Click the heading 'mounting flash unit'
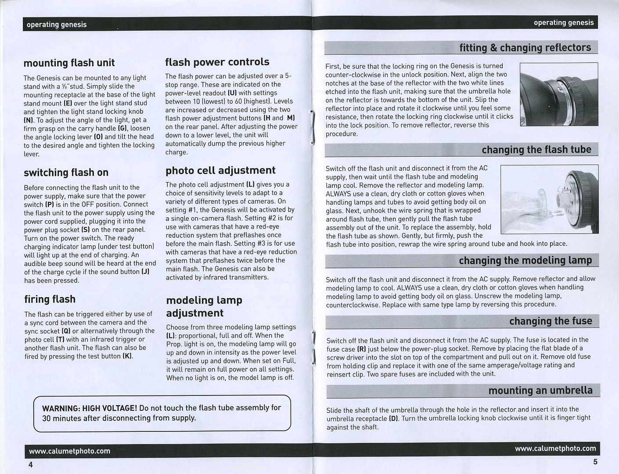(x=69, y=63)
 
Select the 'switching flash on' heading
(x=66, y=172)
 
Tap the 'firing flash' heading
(x=50, y=299)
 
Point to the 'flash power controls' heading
(x=217, y=62)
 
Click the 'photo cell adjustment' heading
(x=220, y=170)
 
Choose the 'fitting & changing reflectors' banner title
(x=525, y=47)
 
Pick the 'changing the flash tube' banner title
(x=536, y=150)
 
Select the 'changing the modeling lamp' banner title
(x=525, y=261)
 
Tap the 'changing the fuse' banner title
(x=551, y=321)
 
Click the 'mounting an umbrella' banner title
(x=540, y=391)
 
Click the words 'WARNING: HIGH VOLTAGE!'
(x=90, y=408)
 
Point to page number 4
(x=30, y=465)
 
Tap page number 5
(x=595, y=462)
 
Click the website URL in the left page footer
(x=69, y=451)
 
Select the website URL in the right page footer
(x=555, y=449)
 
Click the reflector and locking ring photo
(x=558, y=94)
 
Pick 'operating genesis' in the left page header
(x=56, y=25)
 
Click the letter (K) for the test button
(x=127, y=356)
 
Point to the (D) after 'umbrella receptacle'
(x=394, y=418)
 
